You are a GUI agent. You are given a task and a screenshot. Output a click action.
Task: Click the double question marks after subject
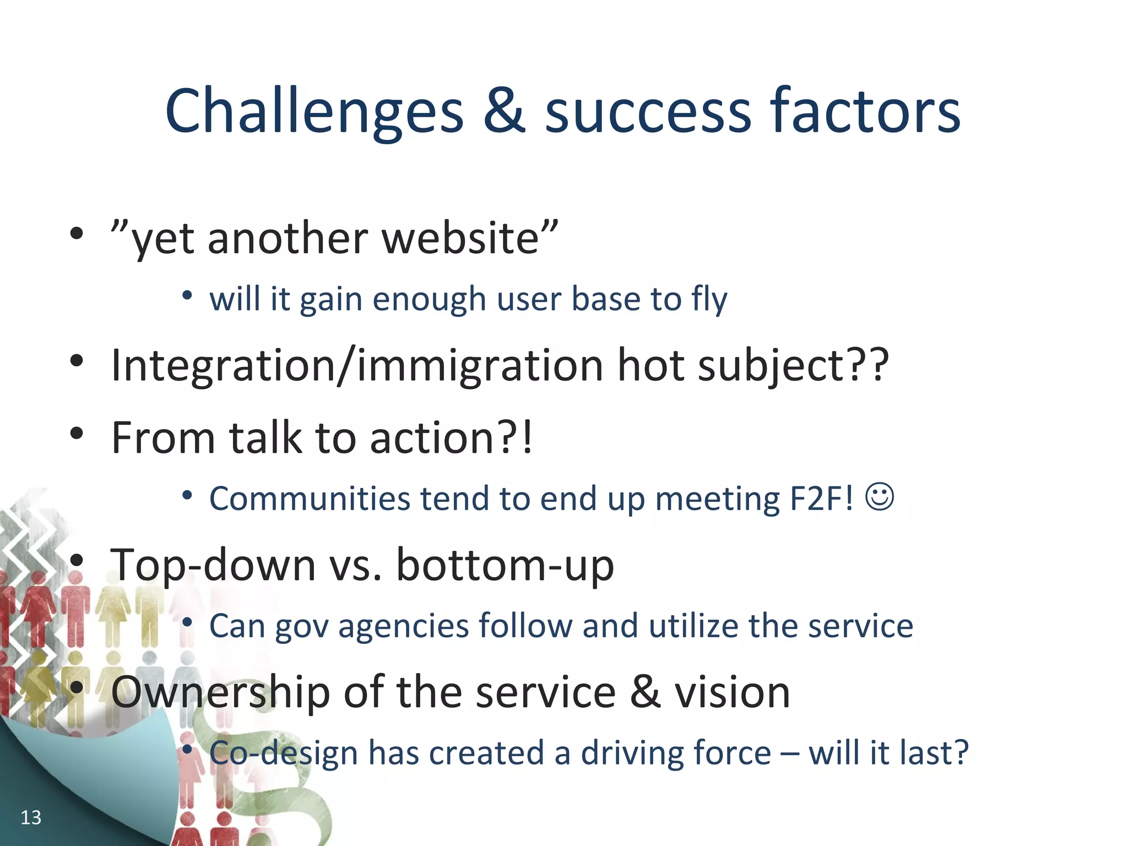[x=871, y=365]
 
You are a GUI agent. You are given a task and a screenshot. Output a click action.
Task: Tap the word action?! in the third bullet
[x=451, y=438]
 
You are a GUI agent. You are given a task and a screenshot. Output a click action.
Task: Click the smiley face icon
[x=880, y=497]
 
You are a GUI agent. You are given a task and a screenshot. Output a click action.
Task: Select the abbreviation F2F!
[x=821, y=498]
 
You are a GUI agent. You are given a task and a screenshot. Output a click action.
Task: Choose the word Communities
[x=310, y=498]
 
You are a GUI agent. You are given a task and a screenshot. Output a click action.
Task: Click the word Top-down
[x=213, y=565]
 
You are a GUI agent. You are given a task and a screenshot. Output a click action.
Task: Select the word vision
[x=733, y=692]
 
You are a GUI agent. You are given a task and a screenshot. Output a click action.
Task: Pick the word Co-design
[x=283, y=753]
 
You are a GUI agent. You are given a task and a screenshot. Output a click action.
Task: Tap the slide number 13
[x=31, y=817]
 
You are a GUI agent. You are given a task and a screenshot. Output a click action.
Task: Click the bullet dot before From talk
[x=77, y=433]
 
